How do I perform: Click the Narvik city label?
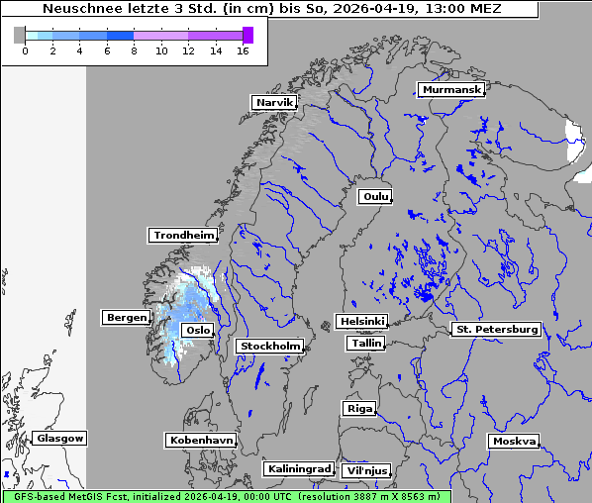tap(274, 102)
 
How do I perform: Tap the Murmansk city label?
tap(451, 90)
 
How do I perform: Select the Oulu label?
tap(375, 196)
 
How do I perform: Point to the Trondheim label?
tap(183, 236)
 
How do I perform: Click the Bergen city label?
tap(125, 318)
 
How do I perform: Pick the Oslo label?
tap(198, 330)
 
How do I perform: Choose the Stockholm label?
tap(269, 346)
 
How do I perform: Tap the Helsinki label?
tap(361, 322)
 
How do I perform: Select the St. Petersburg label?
tap(495, 329)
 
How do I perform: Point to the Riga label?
tap(358, 408)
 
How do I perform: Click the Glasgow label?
tap(60, 438)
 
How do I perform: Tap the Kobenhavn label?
tap(201, 440)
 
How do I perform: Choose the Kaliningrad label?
tap(298, 468)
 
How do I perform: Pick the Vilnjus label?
tap(365, 471)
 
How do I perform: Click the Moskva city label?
tap(514, 441)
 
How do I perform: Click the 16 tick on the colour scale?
tap(244, 50)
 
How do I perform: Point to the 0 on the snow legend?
tap(25, 50)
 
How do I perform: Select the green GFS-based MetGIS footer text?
tap(226, 496)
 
